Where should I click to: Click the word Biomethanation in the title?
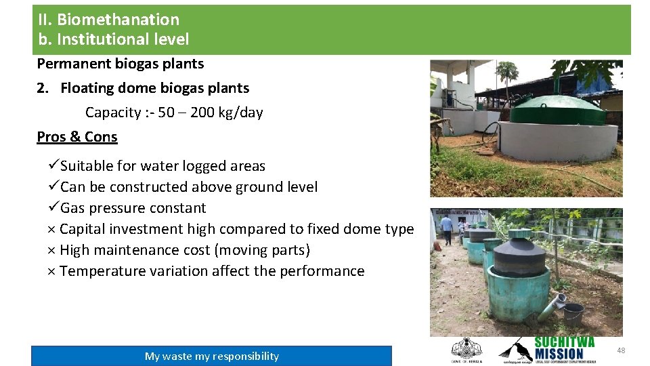pyautogui.click(x=118, y=20)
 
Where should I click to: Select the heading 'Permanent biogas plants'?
pyautogui.click(x=121, y=64)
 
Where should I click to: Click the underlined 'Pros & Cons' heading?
pyautogui.click(x=77, y=137)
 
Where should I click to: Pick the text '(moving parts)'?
pyautogui.click(x=262, y=251)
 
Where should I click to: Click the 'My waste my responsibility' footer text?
pyautogui.click(x=211, y=357)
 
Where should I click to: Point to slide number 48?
pyautogui.click(x=621, y=350)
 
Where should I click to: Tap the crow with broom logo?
pyautogui.click(x=515, y=348)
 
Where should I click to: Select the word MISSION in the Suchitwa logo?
pyautogui.click(x=559, y=354)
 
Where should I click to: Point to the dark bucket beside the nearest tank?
pyautogui.click(x=573, y=314)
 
